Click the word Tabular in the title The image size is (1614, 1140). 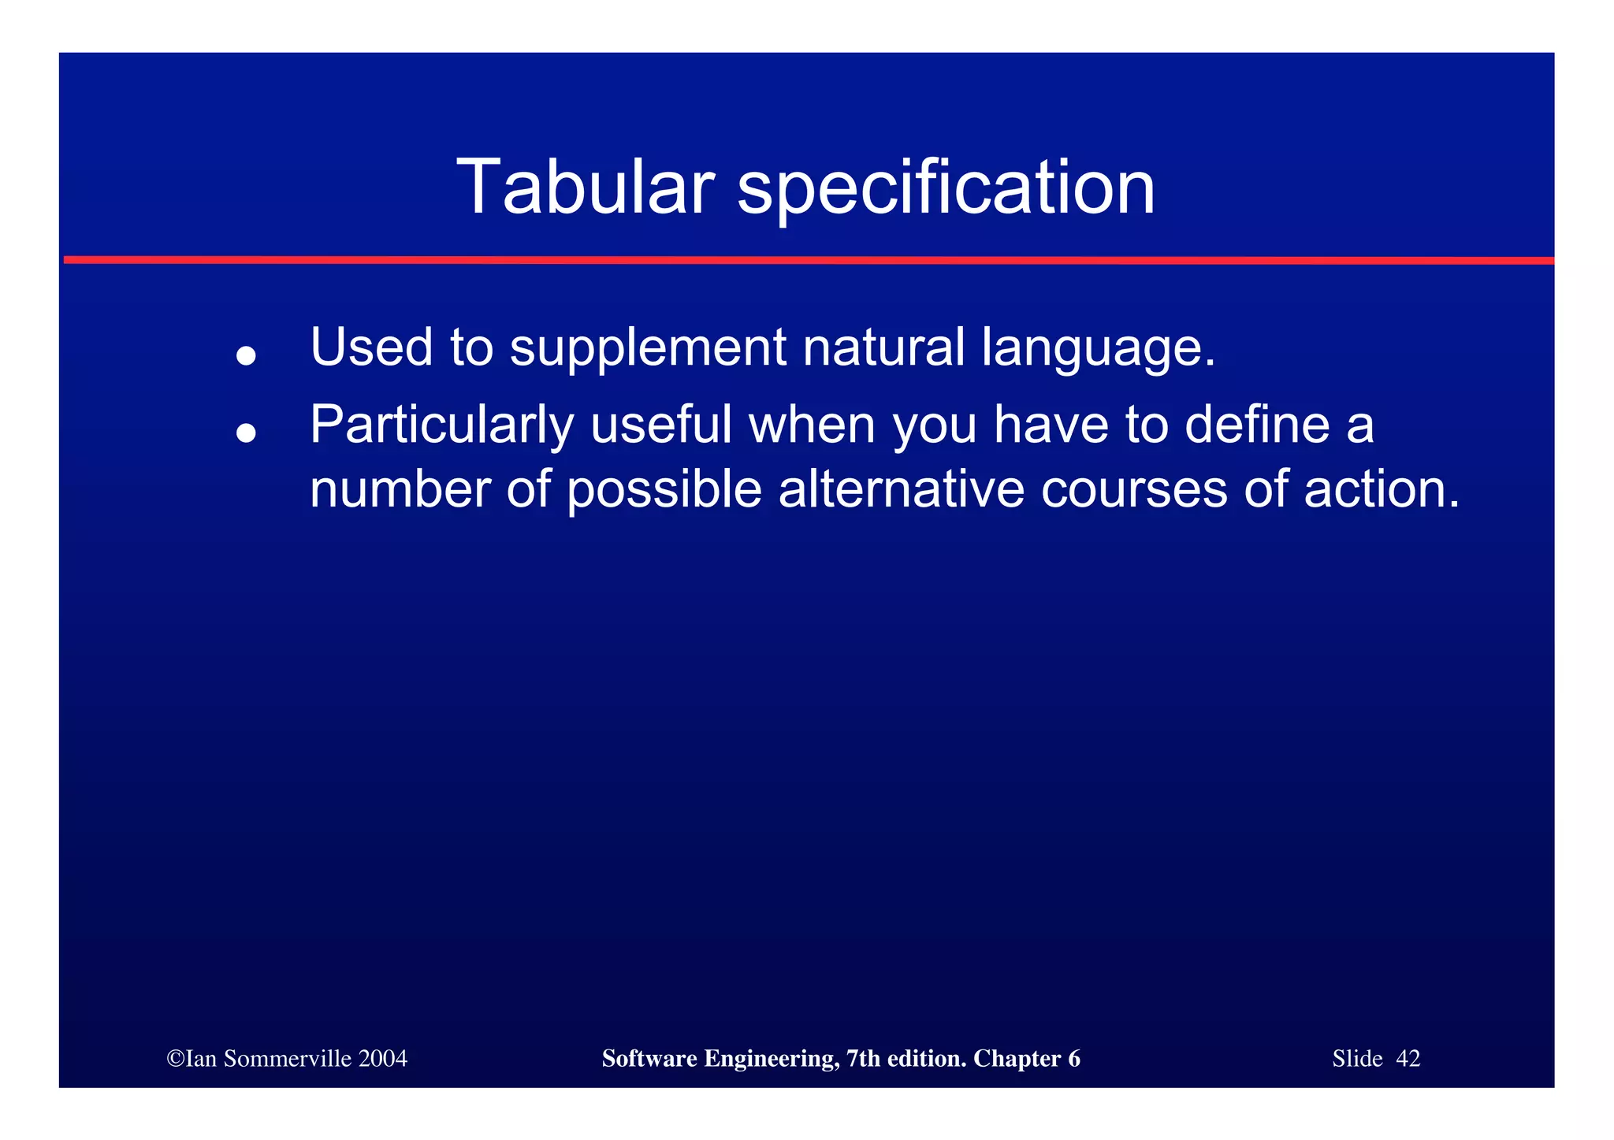coord(585,188)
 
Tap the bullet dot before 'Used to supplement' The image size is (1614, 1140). coord(247,356)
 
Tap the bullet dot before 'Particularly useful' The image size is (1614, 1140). coord(247,433)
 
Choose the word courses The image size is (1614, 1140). coord(1134,490)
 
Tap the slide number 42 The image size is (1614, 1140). coord(1408,1059)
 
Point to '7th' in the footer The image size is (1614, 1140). coord(863,1059)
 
